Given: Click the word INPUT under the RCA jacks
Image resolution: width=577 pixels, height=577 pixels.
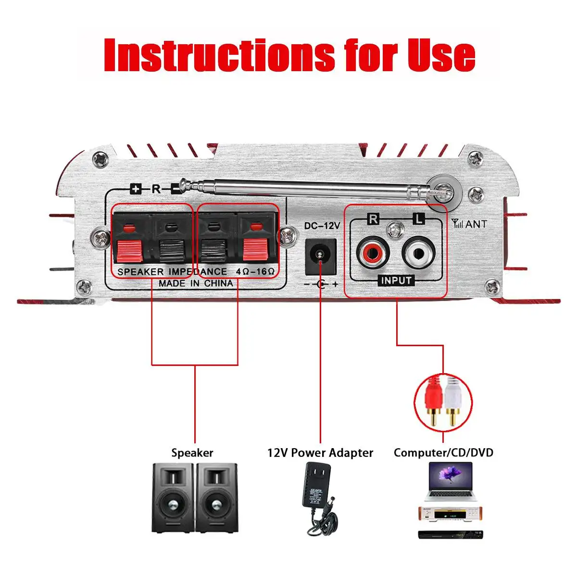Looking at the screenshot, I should [396, 280].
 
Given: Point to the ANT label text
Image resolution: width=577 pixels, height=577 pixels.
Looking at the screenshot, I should [475, 224].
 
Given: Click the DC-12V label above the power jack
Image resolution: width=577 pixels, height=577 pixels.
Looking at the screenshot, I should [322, 225].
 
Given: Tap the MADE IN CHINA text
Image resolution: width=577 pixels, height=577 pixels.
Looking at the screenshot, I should [196, 283].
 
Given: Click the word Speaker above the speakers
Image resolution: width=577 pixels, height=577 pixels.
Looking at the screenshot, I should [192, 452].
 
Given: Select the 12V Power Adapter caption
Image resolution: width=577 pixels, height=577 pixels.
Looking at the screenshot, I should [320, 452].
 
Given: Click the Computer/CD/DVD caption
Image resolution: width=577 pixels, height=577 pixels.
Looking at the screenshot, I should [443, 452].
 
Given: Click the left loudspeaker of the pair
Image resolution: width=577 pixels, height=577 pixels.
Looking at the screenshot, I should [173, 497].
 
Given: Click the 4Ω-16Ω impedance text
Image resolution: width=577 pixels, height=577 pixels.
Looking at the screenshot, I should [255, 272].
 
